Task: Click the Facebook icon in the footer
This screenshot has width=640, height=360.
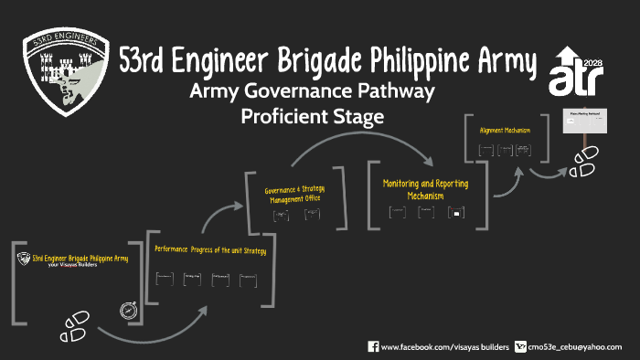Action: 373,346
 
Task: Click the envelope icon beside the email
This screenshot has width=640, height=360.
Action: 521,346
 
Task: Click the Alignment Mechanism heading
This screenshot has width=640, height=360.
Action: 505,130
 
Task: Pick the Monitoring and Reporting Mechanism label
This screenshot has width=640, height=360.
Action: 426,189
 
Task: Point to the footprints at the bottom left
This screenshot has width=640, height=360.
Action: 75,322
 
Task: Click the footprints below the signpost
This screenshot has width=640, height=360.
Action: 583,162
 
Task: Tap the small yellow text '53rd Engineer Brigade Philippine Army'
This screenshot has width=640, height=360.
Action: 80,259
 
